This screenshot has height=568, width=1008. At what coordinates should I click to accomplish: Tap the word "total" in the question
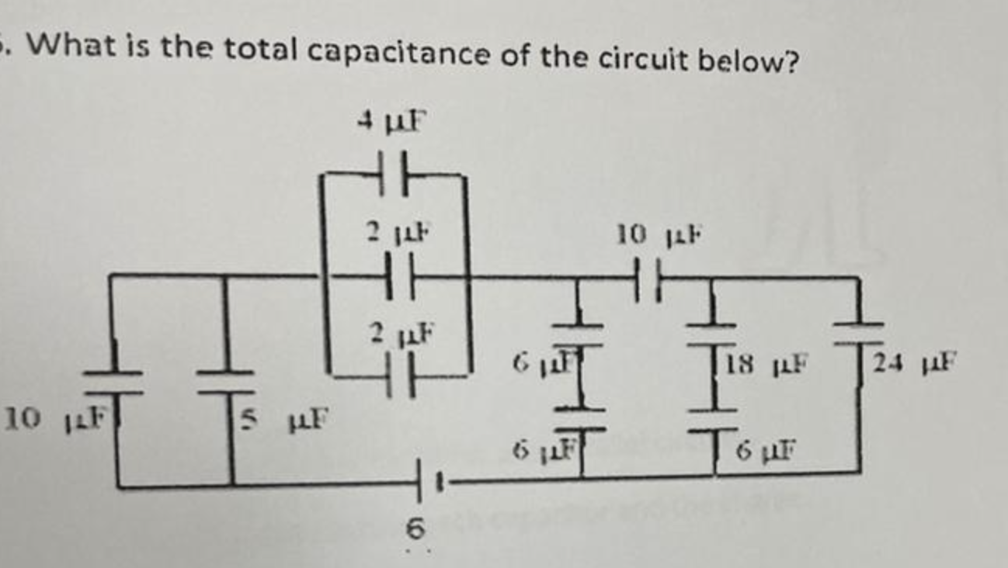[263, 51]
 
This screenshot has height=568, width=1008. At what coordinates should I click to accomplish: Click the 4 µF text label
[391, 122]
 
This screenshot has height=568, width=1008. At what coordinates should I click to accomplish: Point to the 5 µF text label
[283, 421]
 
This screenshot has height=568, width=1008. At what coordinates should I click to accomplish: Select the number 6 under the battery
[416, 529]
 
